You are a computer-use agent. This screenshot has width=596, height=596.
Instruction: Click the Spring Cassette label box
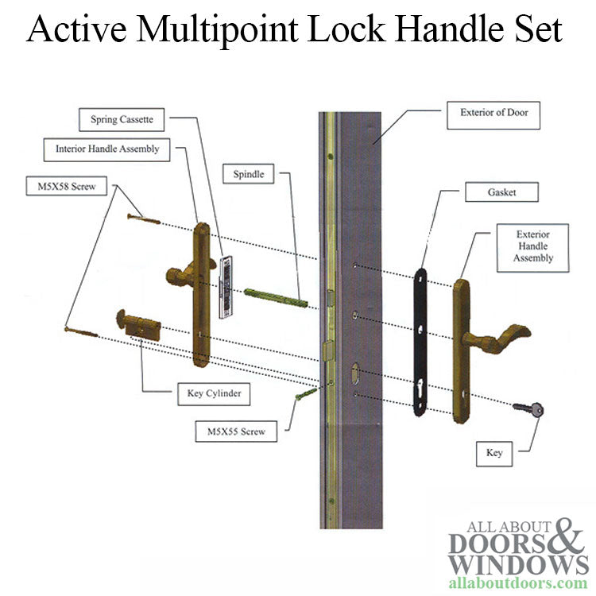pyautogui.click(x=122, y=120)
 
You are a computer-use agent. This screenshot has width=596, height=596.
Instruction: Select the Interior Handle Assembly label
pyautogui.click(x=107, y=149)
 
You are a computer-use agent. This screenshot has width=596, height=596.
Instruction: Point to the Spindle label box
pyautogui.click(x=248, y=174)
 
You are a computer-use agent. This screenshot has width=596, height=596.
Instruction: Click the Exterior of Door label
pyautogui.click(x=493, y=113)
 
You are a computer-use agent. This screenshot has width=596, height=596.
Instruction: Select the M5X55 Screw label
pyautogui.click(x=237, y=432)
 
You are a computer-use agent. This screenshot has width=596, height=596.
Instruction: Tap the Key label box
pyautogui.click(x=493, y=453)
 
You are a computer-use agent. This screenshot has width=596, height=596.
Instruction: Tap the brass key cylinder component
pyautogui.click(x=138, y=326)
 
